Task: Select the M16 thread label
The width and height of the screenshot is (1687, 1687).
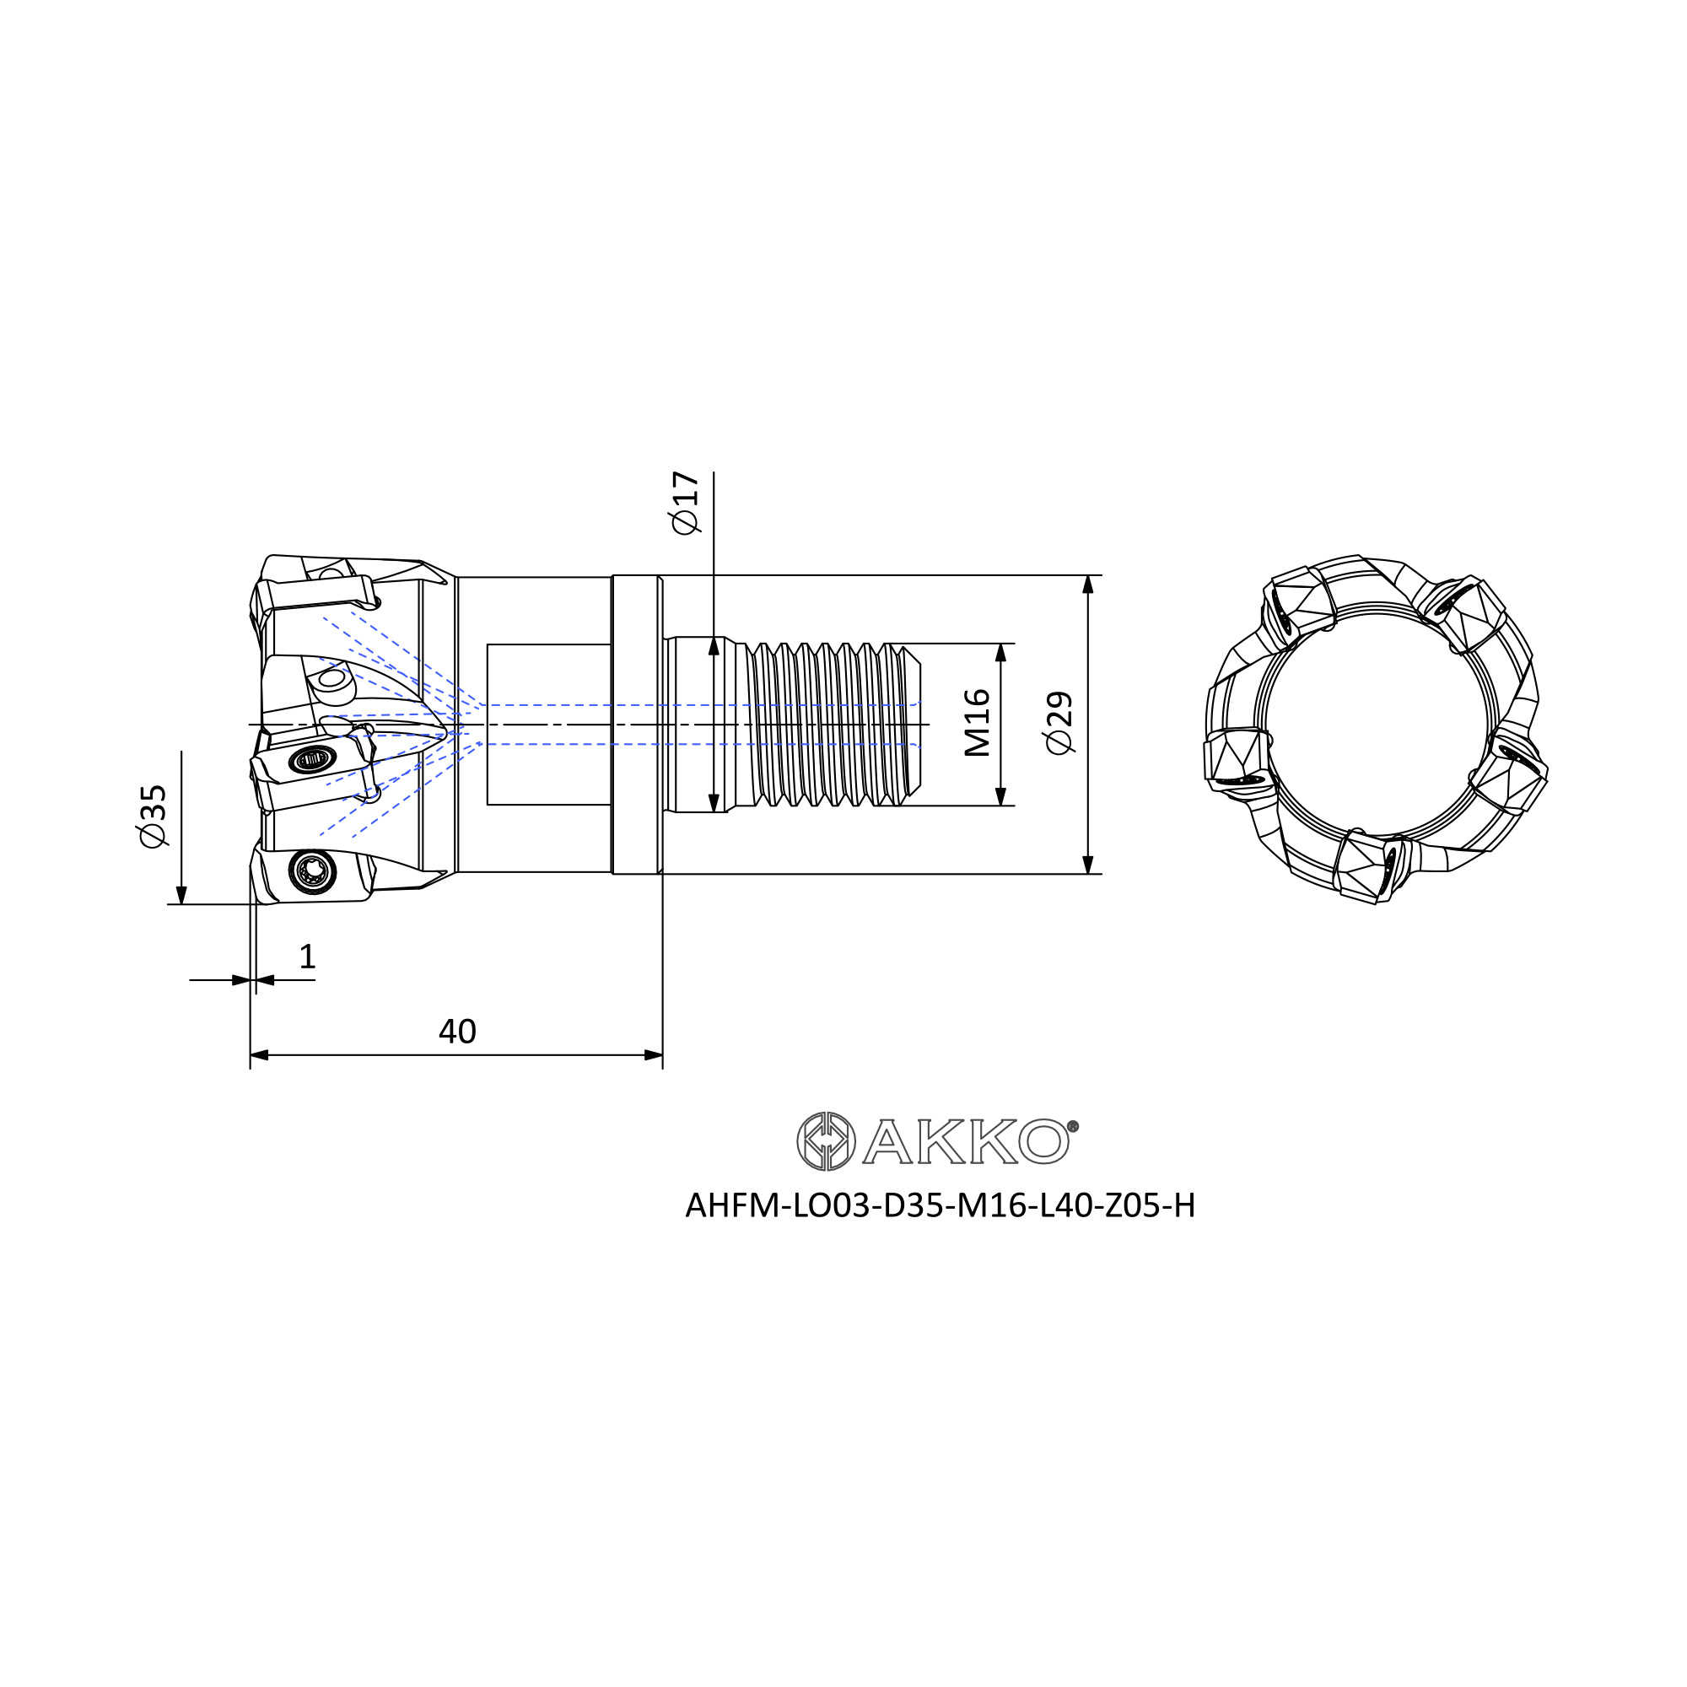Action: point(977,723)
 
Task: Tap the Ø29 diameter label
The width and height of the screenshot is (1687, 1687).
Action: point(1059,723)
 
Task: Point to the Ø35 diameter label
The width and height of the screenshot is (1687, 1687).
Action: point(152,815)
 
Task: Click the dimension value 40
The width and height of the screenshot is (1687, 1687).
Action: point(456,1032)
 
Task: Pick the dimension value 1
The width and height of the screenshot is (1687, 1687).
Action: point(307,957)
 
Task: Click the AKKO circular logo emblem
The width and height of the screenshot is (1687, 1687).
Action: point(825,1141)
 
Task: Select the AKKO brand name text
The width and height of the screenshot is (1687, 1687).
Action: point(966,1141)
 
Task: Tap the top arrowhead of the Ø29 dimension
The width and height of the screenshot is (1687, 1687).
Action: point(1088,585)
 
